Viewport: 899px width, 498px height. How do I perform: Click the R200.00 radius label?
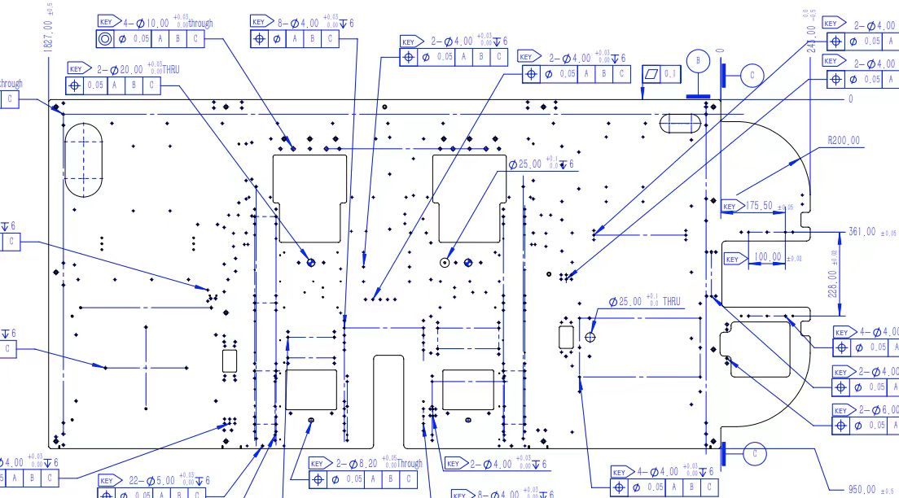[844, 141]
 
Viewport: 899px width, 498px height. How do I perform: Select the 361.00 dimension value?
[862, 232]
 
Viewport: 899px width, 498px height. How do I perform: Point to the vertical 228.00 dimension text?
[834, 274]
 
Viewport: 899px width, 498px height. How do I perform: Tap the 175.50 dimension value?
[759, 206]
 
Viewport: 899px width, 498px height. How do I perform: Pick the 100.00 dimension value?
[765, 257]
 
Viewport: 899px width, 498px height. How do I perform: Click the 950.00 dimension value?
[862, 489]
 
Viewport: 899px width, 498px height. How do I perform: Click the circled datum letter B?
[698, 60]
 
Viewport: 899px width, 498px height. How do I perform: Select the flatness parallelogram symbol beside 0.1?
[651, 74]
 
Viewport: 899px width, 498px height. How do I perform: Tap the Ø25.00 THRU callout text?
[645, 301]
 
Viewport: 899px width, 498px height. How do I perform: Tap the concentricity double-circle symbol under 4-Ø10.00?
[105, 38]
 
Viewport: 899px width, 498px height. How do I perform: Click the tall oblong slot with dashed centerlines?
[84, 159]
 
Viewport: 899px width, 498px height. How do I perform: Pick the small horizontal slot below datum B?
[679, 123]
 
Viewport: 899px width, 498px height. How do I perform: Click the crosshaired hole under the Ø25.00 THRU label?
[591, 336]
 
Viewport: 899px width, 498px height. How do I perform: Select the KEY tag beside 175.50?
[730, 207]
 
